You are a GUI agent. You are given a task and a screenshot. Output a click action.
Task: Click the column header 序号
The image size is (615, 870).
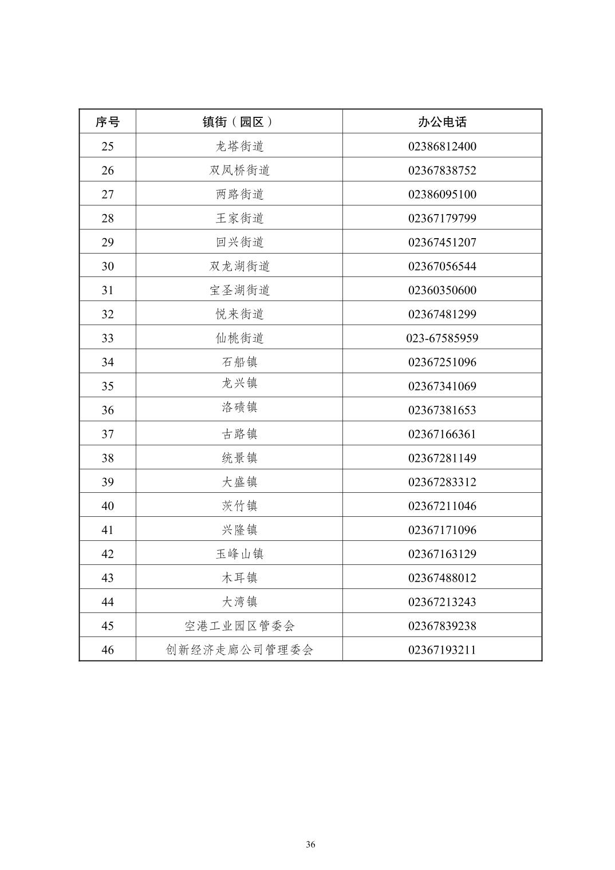[x=108, y=122]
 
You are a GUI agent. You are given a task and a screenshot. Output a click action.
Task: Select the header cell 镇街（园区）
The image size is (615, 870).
[x=239, y=122]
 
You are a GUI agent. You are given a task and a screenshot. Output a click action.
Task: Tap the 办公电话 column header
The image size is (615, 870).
[x=442, y=122]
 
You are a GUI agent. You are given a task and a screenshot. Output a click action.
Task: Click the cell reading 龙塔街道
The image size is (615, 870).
[x=239, y=147]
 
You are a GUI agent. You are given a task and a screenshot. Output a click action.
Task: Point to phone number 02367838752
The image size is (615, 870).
[x=442, y=171]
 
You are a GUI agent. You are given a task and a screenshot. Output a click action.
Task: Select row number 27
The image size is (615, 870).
[x=108, y=195]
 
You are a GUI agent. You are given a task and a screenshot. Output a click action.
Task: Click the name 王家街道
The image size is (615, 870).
[x=239, y=219]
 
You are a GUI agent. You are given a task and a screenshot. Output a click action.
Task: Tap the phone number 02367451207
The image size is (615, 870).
[x=442, y=243]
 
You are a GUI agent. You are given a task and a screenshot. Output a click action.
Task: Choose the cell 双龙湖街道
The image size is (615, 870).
[x=239, y=267]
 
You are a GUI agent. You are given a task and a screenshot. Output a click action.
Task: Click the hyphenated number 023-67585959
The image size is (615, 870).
[x=442, y=338]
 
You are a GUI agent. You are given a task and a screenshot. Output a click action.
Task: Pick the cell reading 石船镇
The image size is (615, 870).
[x=239, y=362]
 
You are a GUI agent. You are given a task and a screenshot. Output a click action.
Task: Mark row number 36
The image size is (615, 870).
[x=108, y=410]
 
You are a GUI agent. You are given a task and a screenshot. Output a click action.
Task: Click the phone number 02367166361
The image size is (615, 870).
[x=442, y=434]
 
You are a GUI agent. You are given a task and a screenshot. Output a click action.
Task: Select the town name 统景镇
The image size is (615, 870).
[x=239, y=458]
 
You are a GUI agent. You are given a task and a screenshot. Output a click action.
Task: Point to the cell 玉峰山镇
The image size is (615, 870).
[x=239, y=554]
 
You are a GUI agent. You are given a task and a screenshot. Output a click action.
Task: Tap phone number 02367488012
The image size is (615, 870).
[x=442, y=578]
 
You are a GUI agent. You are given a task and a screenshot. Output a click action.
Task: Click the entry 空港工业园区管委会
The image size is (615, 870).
[x=239, y=626]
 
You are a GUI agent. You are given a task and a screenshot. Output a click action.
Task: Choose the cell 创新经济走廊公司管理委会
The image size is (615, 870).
[x=239, y=650]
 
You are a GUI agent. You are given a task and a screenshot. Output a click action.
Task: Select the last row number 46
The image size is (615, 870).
[x=108, y=650]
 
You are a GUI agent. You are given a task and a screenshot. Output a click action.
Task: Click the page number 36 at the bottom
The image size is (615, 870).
[x=310, y=845]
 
